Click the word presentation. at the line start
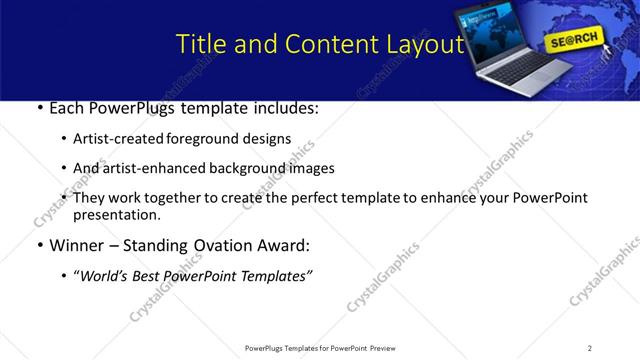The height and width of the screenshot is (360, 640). pyautogui.click(x=116, y=215)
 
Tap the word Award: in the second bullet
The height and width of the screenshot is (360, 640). pyautogui.click(x=283, y=246)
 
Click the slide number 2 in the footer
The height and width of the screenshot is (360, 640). pyautogui.click(x=590, y=348)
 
